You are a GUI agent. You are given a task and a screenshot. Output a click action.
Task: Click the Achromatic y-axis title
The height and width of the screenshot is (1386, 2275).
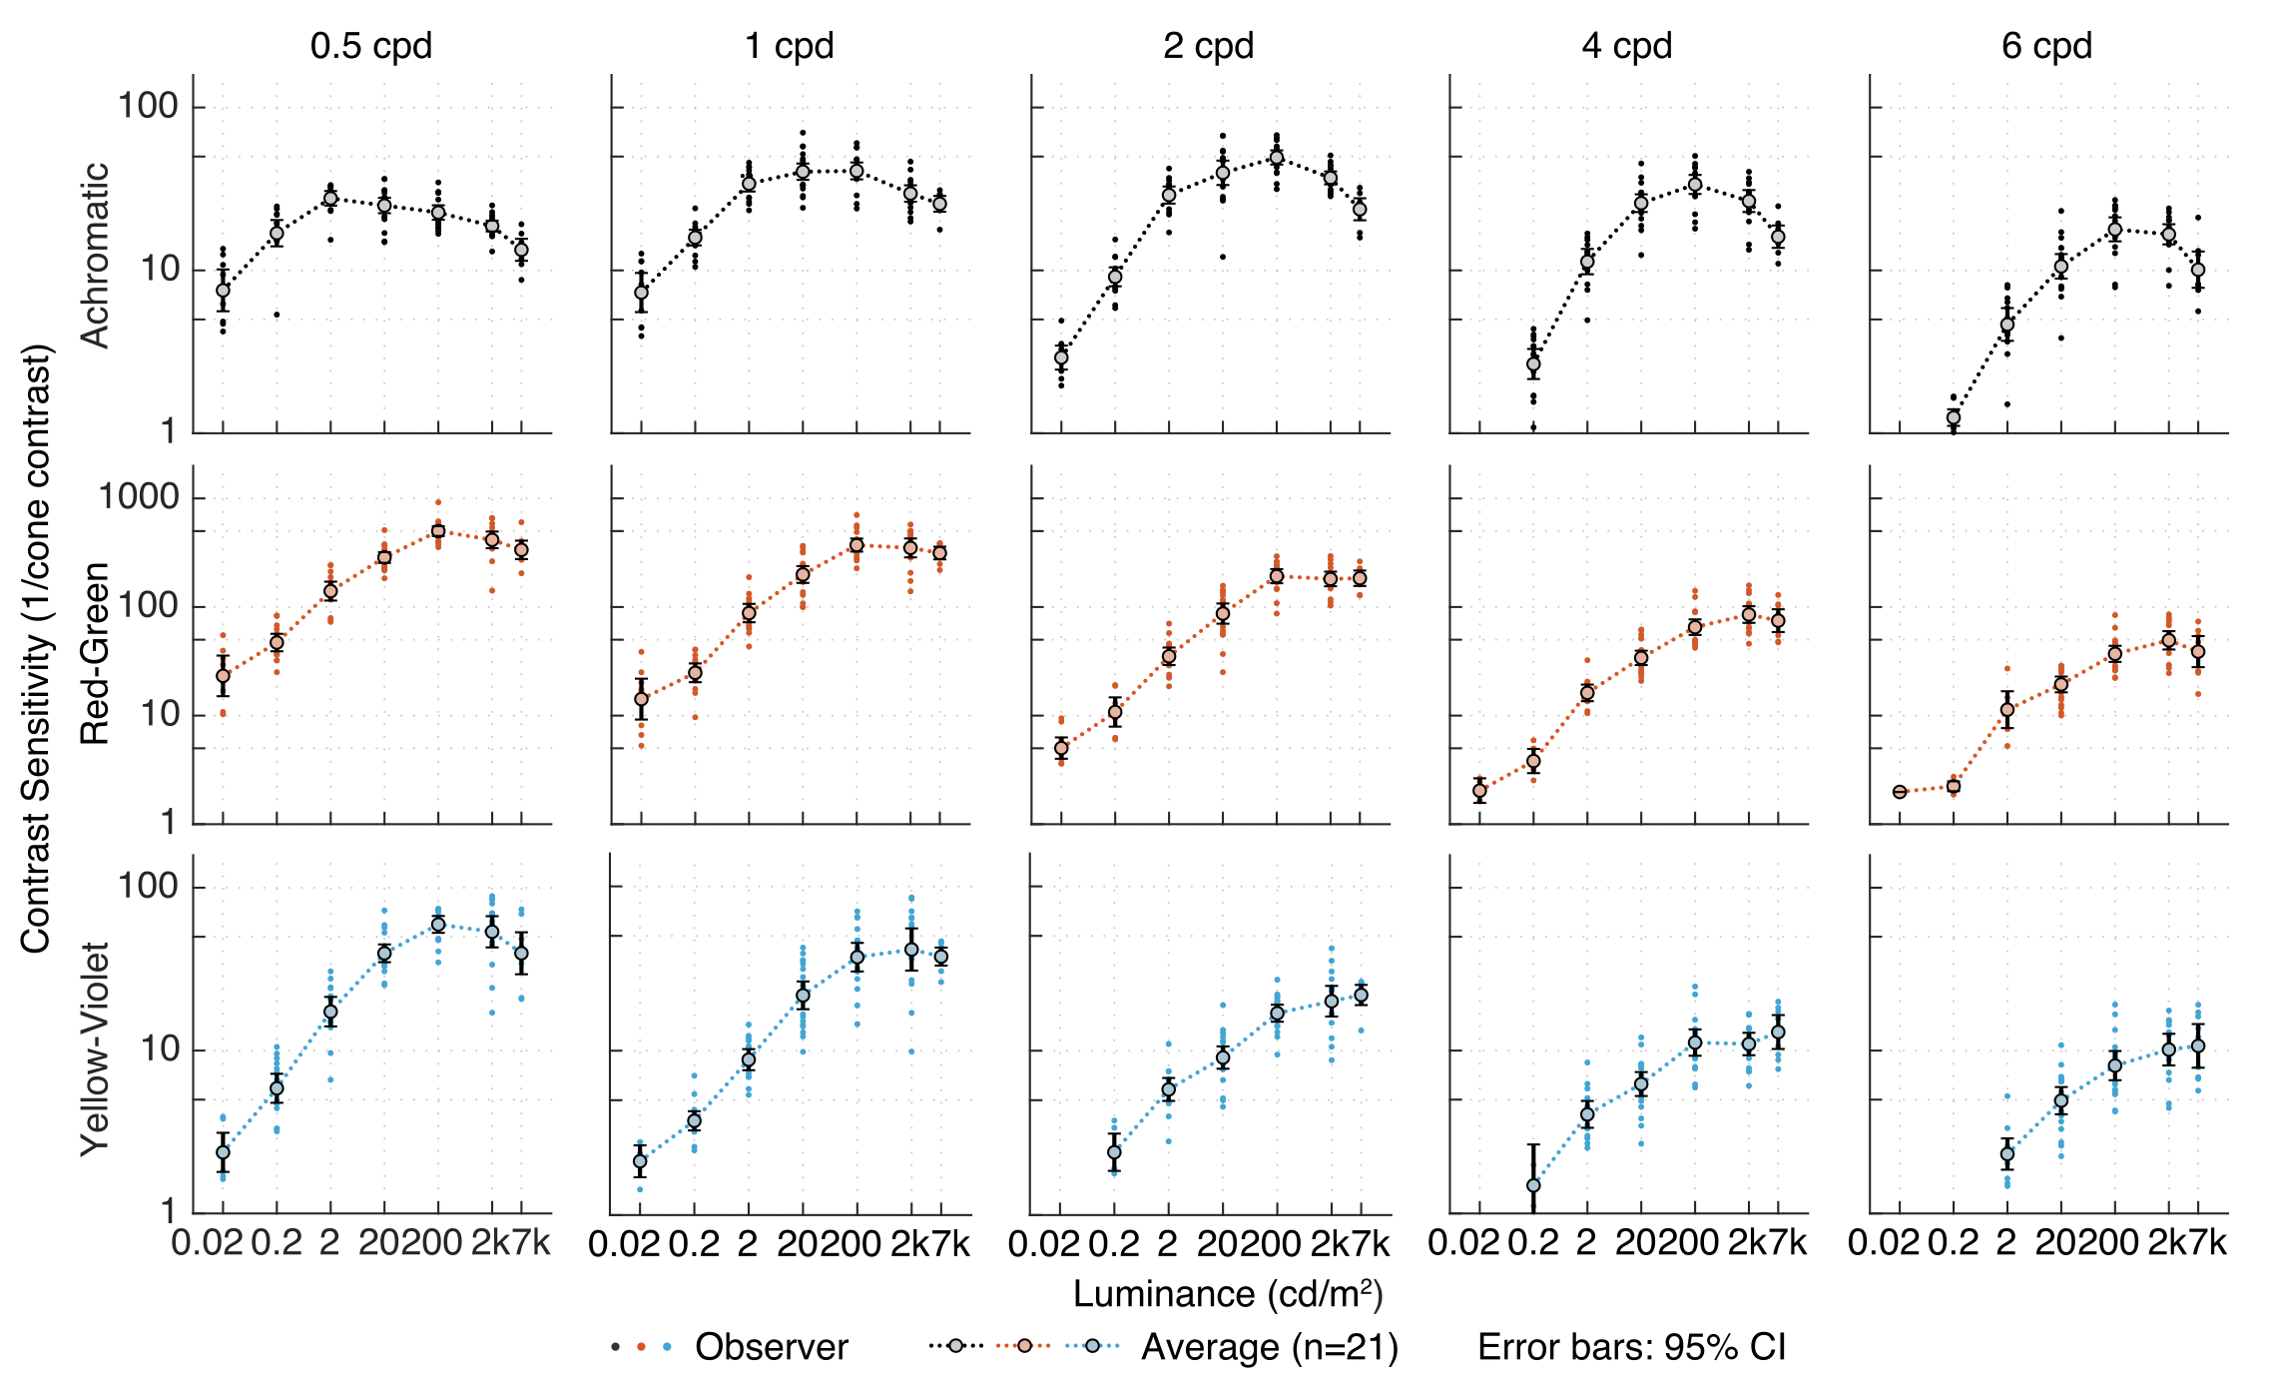95,256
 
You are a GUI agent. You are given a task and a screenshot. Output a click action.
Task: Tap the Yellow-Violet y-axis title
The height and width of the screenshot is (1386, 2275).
95,1048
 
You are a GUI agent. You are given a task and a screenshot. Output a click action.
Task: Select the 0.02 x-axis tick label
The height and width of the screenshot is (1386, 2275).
207,1243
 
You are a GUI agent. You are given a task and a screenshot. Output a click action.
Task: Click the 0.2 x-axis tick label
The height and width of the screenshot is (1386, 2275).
277,1243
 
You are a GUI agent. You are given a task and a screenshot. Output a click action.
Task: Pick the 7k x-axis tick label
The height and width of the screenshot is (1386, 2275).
530,1243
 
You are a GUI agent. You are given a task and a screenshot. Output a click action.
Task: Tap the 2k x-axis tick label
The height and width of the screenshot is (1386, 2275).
490,1243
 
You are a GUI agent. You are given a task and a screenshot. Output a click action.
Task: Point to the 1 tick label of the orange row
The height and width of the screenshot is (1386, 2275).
169,823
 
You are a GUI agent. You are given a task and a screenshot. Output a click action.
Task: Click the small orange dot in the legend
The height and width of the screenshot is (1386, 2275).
641,1346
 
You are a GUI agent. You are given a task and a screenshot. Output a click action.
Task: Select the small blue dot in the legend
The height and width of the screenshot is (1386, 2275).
667,1346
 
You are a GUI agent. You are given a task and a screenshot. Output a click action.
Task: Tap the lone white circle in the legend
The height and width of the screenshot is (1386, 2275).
955,1346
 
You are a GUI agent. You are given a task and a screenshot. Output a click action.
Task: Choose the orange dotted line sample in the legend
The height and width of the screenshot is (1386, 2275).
1023,1346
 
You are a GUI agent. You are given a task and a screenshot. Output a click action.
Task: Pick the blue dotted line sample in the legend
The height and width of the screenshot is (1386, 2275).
1092,1346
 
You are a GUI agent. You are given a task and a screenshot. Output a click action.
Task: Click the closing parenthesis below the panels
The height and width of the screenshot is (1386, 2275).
1378,1295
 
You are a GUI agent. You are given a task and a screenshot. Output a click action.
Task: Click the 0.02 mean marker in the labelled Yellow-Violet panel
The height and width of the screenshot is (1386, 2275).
223,1152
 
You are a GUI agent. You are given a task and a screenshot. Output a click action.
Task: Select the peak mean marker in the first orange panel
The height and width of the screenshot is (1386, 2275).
437,531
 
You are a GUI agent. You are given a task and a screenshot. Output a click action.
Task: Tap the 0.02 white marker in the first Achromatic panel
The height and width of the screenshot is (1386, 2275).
223,291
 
